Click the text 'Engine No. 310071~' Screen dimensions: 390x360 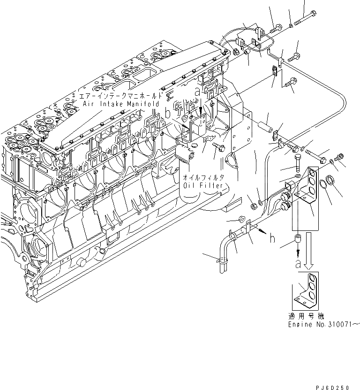click(323, 324)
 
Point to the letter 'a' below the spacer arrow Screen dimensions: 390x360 click(297, 264)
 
